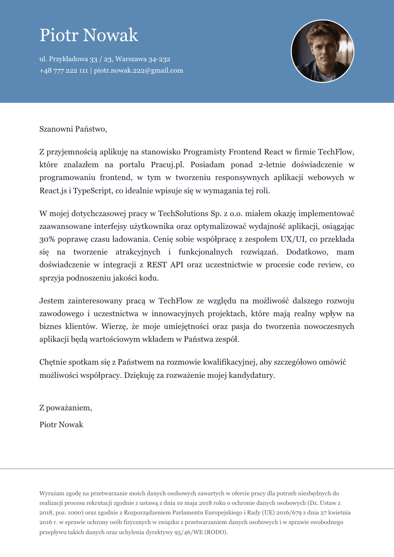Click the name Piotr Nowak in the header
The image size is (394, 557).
click(89, 35)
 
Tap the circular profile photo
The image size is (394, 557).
click(322, 51)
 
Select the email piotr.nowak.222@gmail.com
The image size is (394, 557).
click(138, 70)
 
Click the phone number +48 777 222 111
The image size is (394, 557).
click(64, 70)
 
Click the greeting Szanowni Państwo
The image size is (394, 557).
click(73, 129)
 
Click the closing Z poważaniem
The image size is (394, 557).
click(65, 408)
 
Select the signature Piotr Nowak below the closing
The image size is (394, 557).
click(61, 424)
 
